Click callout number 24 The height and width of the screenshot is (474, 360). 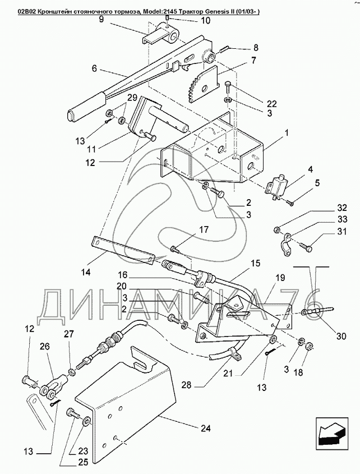coord(205,429)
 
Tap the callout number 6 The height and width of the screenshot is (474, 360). coord(94,68)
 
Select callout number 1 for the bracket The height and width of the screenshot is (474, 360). coord(286,133)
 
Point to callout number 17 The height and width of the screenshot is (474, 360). coord(204,230)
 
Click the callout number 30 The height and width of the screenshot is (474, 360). coord(341,336)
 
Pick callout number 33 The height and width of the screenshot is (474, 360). coord(341,219)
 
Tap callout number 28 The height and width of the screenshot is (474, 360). coord(187,386)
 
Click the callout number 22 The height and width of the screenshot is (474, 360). coord(271,104)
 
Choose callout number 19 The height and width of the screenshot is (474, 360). coord(280,277)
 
